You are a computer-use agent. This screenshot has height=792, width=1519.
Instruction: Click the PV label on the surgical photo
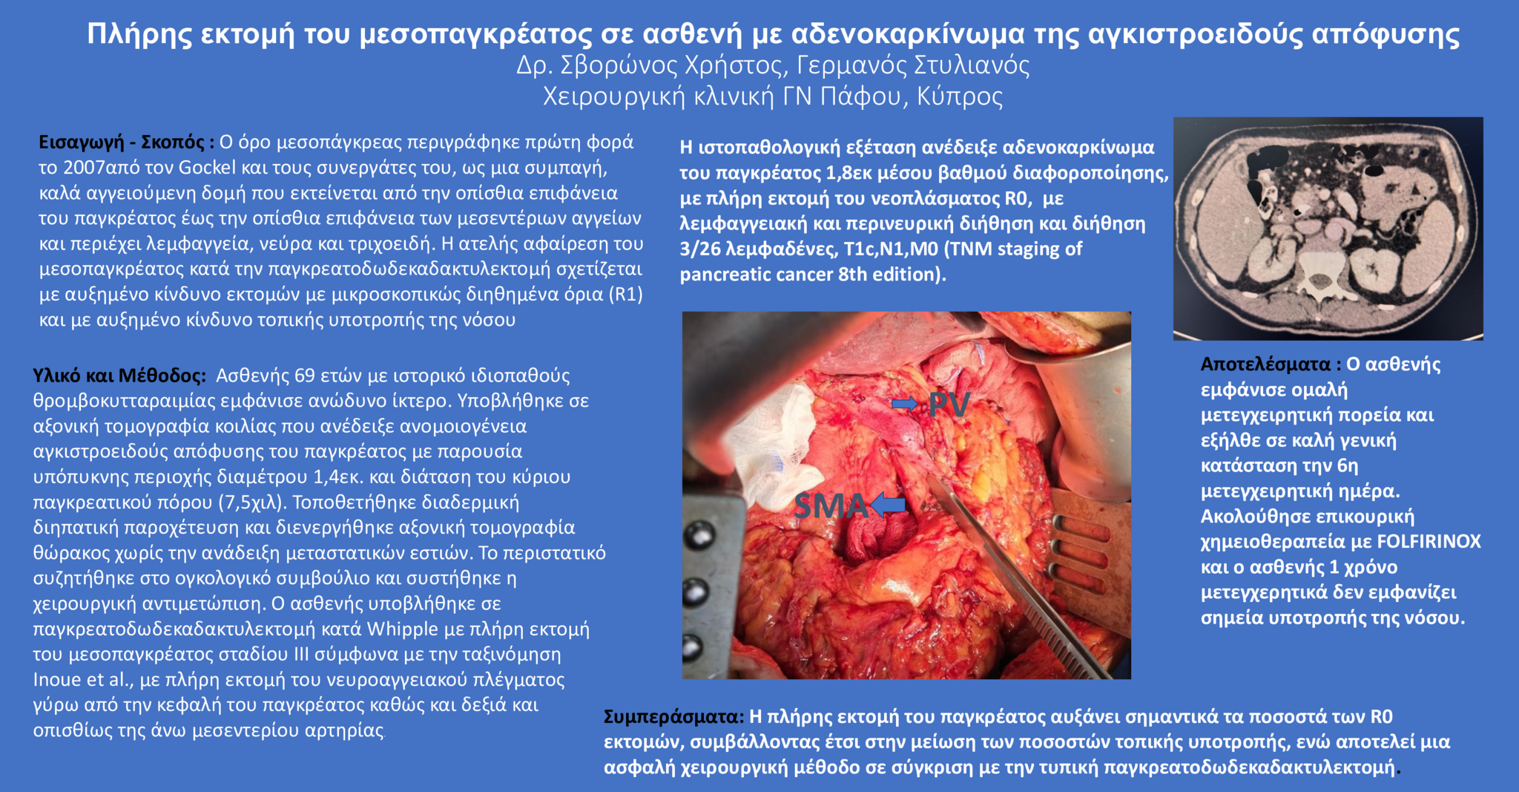coord(949,405)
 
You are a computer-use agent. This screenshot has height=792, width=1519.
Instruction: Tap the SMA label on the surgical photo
coord(830,506)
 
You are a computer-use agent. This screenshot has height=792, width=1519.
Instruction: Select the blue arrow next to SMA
coord(888,505)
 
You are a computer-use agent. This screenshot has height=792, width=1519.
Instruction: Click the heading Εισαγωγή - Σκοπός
coord(126,142)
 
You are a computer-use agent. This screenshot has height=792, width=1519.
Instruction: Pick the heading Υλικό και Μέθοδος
coord(119,376)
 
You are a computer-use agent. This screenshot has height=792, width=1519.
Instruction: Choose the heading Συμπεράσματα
coord(673,717)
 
